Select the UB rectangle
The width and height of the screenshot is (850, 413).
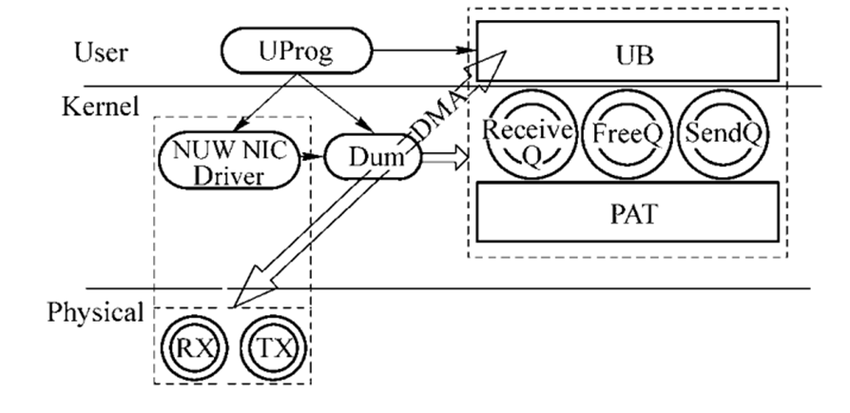tap(628, 53)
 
